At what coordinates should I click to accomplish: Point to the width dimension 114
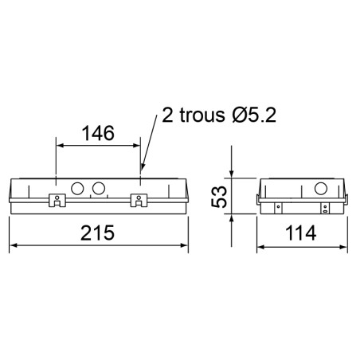[301, 234]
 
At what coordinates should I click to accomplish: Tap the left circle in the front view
[78, 189]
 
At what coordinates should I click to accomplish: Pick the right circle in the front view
[100, 189]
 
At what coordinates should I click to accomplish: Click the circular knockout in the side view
[323, 189]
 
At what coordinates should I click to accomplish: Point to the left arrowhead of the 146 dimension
[58, 145]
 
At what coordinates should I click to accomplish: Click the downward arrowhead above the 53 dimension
[232, 176]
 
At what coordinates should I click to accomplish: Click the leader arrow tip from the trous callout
[142, 170]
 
